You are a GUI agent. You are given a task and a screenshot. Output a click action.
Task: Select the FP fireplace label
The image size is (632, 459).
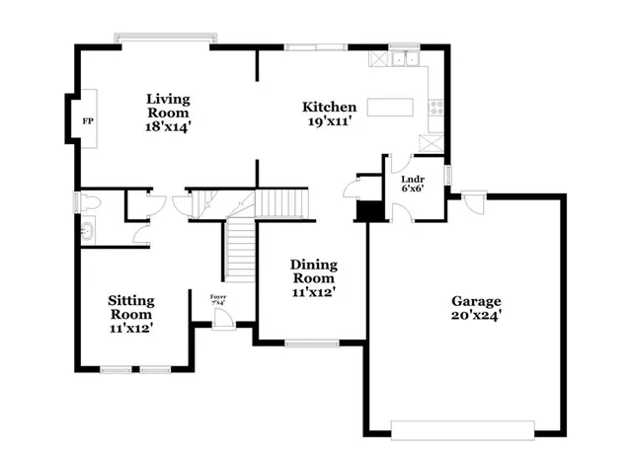coord(87,120)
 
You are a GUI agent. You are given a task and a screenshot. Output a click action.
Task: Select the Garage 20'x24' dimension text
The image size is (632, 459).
coord(476,319)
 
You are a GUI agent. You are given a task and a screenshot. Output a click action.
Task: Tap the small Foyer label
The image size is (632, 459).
coord(218,297)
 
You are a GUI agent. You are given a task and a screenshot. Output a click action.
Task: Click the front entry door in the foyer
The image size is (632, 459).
coord(223,318)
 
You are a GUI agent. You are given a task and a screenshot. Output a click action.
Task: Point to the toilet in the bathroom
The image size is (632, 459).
coord(91,202)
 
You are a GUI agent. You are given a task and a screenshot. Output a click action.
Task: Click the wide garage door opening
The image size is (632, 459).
coord(462,429)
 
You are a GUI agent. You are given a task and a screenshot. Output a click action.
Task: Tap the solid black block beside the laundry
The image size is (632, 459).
coord(369,210)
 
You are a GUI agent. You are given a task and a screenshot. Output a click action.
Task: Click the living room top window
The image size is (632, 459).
coord(163,38)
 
